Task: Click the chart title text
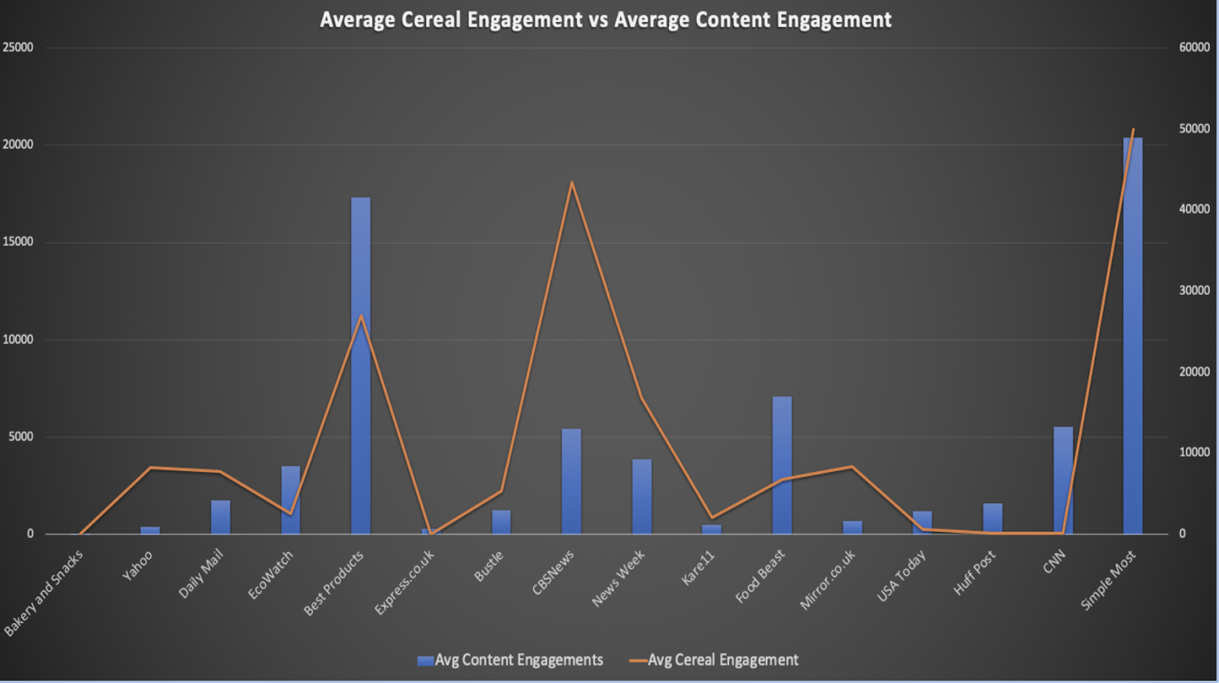point(606,20)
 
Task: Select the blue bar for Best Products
point(361,366)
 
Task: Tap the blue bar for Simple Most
point(1133,335)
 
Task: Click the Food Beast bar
point(782,465)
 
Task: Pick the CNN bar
point(1063,480)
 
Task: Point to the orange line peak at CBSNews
point(571,182)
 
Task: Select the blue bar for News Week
point(641,496)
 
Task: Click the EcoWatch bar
point(291,499)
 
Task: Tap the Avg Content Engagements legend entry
point(510,660)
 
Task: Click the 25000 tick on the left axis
point(18,47)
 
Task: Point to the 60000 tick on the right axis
point(1194,47)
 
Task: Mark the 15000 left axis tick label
point(18,242)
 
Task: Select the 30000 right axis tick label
point(1194,290)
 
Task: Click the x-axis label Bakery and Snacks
point(44,593)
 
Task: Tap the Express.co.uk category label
point(405,582)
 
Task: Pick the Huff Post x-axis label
point(974,573)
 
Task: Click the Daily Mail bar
point(221,517)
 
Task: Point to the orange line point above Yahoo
point(151,467)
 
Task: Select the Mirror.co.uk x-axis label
point(827,580)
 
